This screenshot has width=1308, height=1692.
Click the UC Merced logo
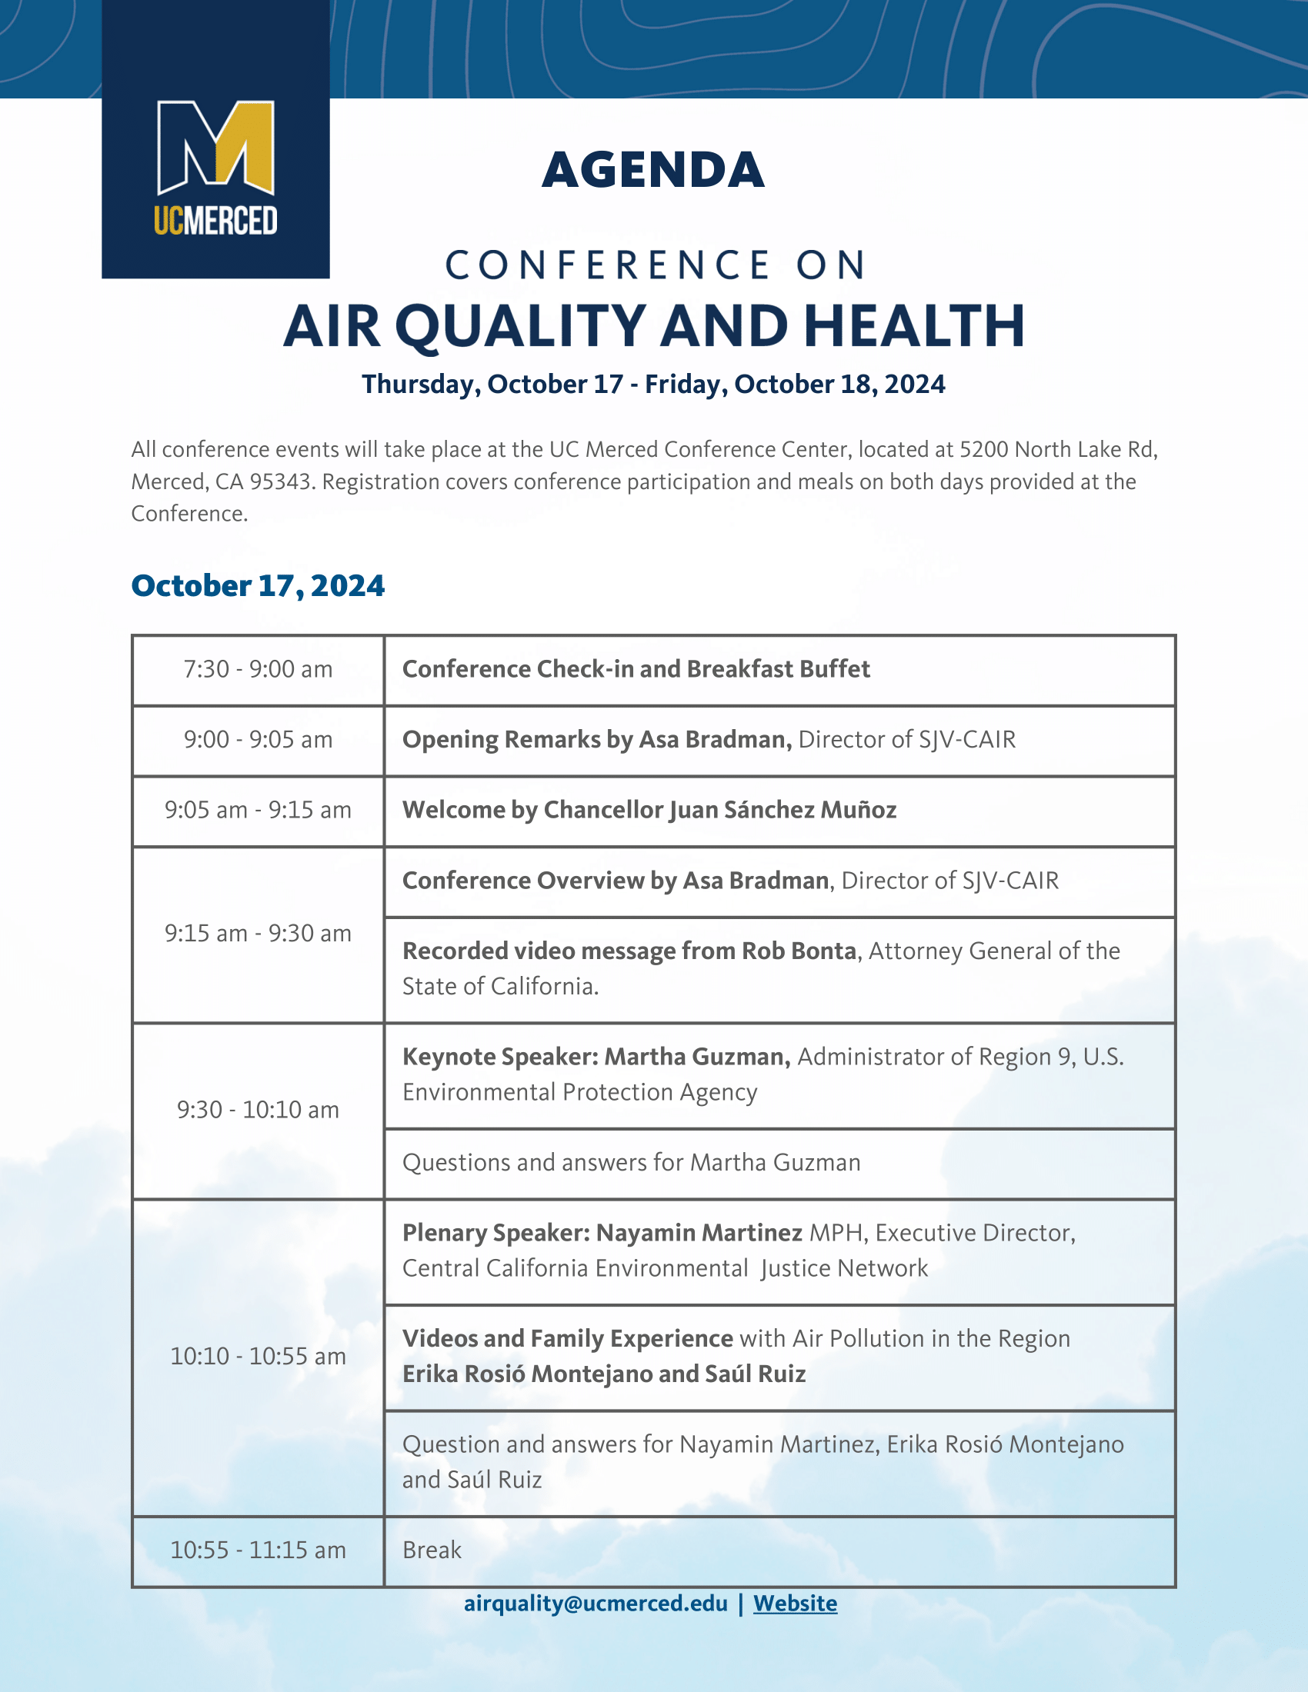click(215, 168)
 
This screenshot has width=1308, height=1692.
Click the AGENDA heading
click(653, 170)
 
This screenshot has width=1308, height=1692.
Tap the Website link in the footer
click(795, 1603)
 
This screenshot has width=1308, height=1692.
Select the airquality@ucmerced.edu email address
click(595, 1603)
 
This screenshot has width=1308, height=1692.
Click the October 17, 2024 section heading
click(258, 586)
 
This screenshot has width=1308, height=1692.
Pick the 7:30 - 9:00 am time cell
click(258, 669)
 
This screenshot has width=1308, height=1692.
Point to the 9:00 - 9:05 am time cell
click(258, 740)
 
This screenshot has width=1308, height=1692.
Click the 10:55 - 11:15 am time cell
click(258, 1550)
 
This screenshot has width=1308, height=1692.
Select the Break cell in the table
click(779, 1550)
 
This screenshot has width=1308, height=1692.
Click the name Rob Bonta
click(799, 951)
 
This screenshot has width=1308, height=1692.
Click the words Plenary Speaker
click(496, 1233)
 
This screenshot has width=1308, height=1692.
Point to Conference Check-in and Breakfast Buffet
click(636, 669)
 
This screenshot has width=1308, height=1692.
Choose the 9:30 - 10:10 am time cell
click(258, 1110)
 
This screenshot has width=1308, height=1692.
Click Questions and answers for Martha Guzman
click(632, 1162)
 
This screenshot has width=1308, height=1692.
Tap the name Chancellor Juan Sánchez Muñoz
click(720, 810)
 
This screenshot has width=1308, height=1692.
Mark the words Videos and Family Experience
click(567, 1339)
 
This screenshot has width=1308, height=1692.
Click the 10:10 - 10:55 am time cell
click(258, 1357)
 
